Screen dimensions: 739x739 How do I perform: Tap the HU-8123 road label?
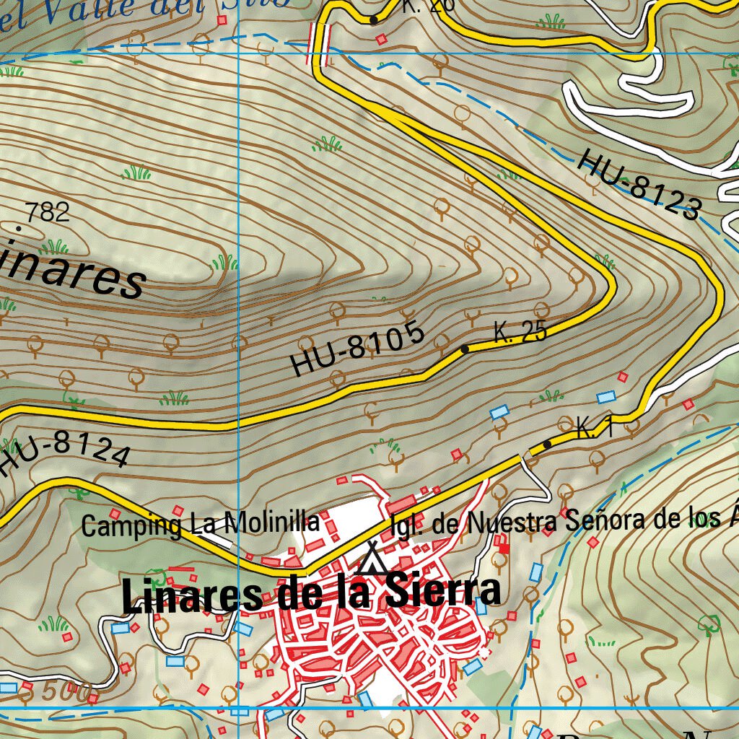pyautogui.click(x=639, y=184)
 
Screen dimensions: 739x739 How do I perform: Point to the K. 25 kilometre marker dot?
pyautogui.click(x=465, y=349)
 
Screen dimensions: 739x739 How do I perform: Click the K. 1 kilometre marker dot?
pyautogui.click(x=547, y=444)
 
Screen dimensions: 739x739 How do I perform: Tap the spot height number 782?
pyautogui.click(x=47, y=212)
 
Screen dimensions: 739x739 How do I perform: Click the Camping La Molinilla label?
pyautogui.click(x=201, y=523)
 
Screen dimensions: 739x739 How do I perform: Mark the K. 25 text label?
pyautogui.click(x=520, y=332)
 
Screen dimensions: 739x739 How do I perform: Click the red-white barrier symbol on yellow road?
pyautogui.click(x=320, y=43)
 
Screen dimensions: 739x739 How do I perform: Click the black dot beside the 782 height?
pyautogui.click(x=19, y=228)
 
